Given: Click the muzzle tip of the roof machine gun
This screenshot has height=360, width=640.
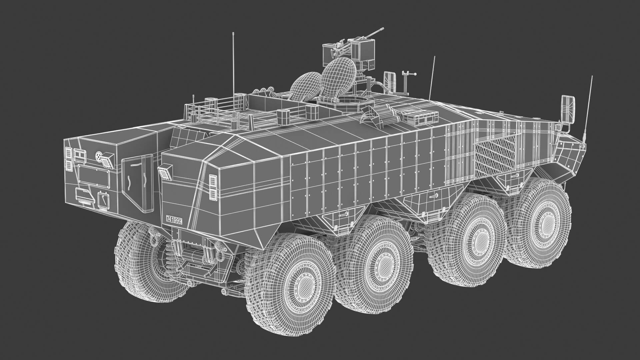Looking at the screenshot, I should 383,29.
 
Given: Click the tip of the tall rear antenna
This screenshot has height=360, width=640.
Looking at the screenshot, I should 233,33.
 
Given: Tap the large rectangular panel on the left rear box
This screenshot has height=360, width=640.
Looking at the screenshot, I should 94,176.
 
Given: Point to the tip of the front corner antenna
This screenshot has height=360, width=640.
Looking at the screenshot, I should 592,76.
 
